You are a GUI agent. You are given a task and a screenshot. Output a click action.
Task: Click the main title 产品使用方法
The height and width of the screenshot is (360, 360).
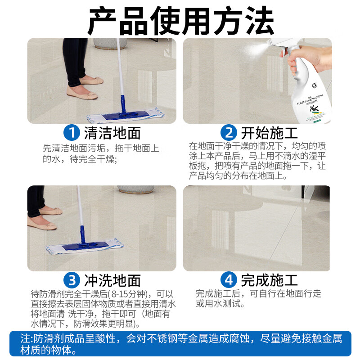pyautogui.click(x=180, y=20)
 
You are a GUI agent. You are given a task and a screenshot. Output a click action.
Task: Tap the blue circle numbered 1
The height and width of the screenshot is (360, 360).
pyautogui.click(x=72, y=133)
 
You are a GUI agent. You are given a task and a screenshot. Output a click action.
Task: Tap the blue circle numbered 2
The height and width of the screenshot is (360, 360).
pyautogui.click(x=229, y=133)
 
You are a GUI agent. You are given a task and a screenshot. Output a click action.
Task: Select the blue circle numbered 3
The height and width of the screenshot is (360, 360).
pyautogui.click(x=72, y=280)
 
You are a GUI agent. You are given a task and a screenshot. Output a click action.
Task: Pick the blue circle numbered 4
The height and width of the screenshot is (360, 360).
pyautogui.click(x=229, y=280)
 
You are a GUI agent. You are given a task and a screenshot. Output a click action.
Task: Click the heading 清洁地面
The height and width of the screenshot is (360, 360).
pyautogui.click(x=112, y=133)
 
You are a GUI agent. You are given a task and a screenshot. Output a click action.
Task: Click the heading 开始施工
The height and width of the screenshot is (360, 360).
pyautogui.click(x=269, y=133)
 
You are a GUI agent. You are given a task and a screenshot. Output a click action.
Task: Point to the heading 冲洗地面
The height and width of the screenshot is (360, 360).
pyautogui.click(x=112, y=280)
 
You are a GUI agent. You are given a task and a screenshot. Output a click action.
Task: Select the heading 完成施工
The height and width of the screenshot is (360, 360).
pyautogui.click(x=269, y=280)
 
